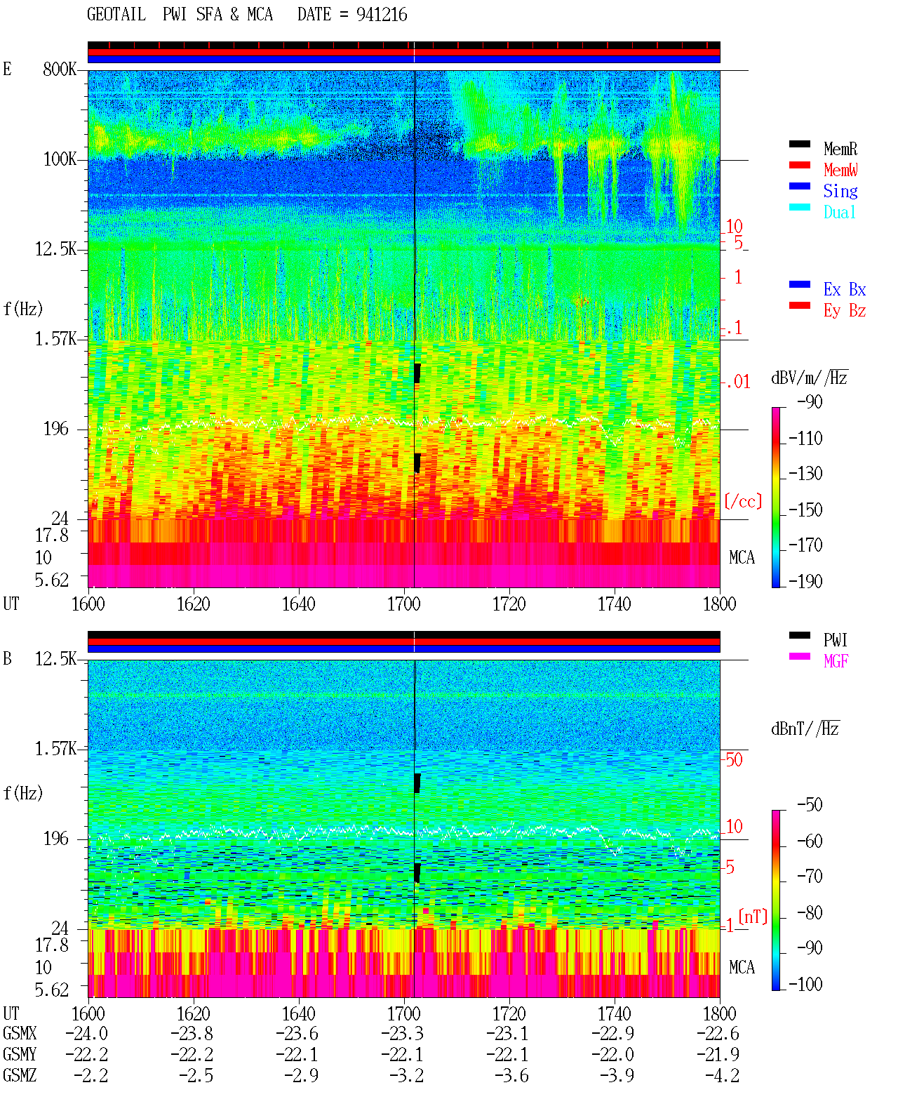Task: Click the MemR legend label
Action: [x=840, y=149]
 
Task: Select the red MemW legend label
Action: [x=840, y=170]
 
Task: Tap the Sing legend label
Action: [x=840, y=191]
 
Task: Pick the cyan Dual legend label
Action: [x=839, y=212]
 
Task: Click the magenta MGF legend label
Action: [x=836, y=661]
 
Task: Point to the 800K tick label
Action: [x=60, y=69]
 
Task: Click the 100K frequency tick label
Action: [x=60, y=159]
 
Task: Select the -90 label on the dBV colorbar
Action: [x=810, y=401]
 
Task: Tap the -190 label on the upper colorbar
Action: [x=805, y=581]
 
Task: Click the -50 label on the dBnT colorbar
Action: [x=810, y=805]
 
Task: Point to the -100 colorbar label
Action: [x=805, y=985]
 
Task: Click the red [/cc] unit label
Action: [x=743, y=501]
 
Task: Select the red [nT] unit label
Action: [x=753, y=917]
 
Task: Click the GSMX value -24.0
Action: [x=87, y=1034]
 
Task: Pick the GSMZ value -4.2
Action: [x=722, y=1075]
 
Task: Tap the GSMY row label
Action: [x=20, y=1054]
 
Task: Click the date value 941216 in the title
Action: [x=382, y=15]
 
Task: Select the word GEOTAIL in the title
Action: [x=116, y=15]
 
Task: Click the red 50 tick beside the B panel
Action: [x=734, y=760]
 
